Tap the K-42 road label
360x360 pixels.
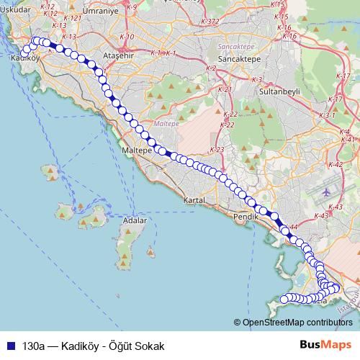336,165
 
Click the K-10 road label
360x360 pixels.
127,36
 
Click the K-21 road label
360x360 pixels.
224,90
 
